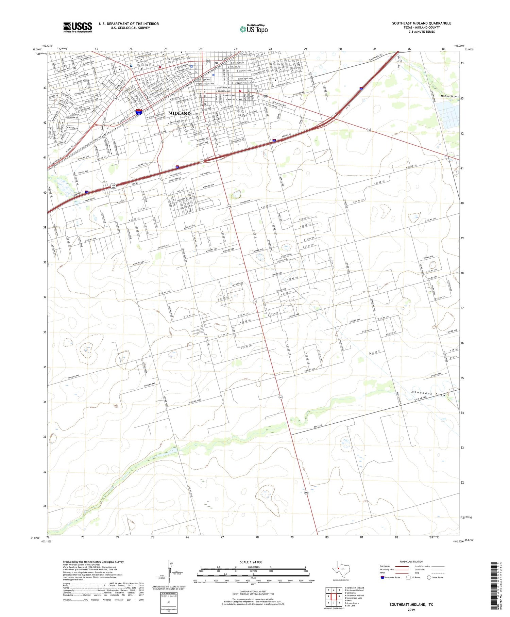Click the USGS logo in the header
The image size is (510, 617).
(x=78, y=27)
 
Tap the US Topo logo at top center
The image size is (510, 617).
(x=254, y=29)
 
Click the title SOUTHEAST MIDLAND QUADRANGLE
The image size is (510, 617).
(x=422, y=23)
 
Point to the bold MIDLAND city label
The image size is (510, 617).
(x=180, y=113)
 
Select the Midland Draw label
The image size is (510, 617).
(x=449, y=96)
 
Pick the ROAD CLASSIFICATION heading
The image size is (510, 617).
(x=411, y=562)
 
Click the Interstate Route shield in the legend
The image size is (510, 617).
(x=382, y=578)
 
